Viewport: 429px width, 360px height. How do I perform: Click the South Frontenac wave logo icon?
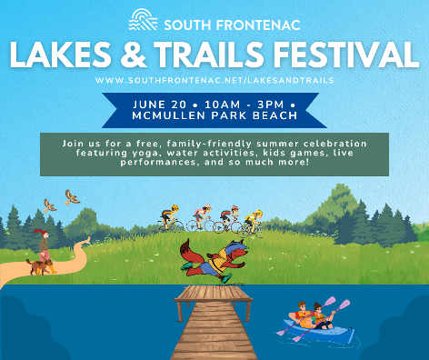pyautogui.click(x=143, y=19)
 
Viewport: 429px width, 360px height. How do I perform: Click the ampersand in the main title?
pyautogui.click(x=134, y=55)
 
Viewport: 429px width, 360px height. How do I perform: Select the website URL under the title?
pyautogui.click(x=214, y=80)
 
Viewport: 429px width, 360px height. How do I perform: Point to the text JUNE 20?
pyautogui.click(x=160, y=105)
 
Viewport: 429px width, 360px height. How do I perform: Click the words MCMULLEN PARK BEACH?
pyautogui.click(x=214, y=115)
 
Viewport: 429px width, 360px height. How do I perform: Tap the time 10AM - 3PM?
pyautogui.click(x=244, y=105)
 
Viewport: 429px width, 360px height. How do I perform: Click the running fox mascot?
pyautogui.click(x=214, y=261)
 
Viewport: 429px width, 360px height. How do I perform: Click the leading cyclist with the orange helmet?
pyautogui.click(x=170, y=218)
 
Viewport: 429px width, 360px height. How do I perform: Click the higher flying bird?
pyautogui.click(x=72, y=197)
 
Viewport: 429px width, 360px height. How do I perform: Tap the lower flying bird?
pyautogui.click(x=50, y=205)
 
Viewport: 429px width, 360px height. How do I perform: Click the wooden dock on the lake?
pyautogui.click(x=214, y=322)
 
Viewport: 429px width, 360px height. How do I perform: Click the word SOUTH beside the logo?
pyautogui.click(x=187, y=25)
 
